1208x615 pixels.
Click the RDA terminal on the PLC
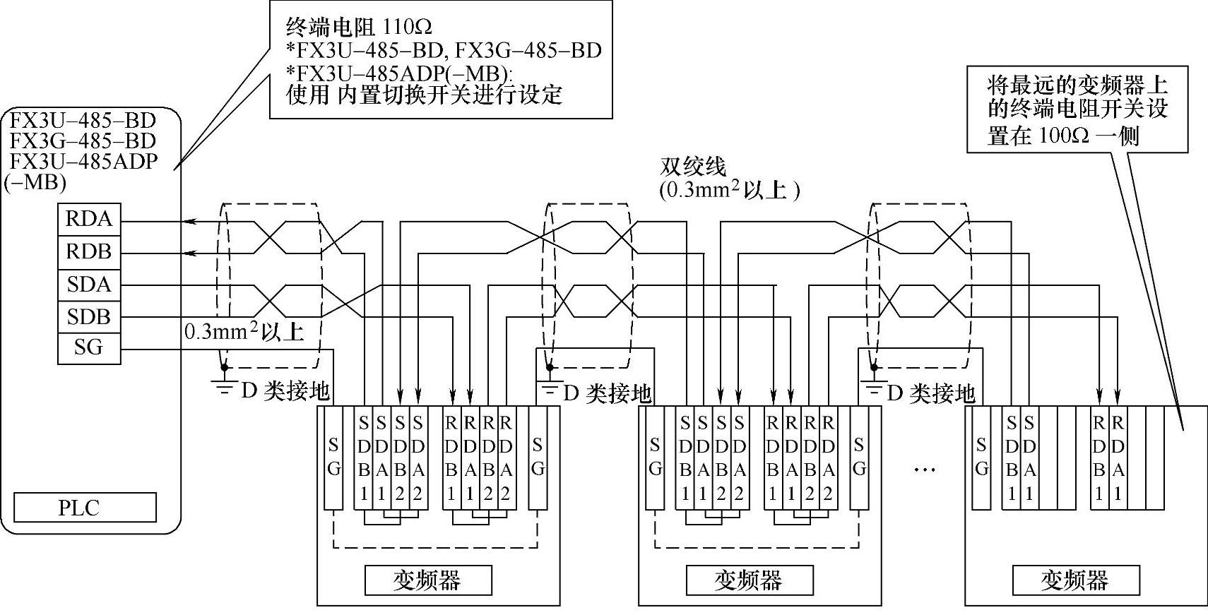pyautogui.click(x=89, y=220)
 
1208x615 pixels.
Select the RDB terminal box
pyautogui.click(x=89, y=252)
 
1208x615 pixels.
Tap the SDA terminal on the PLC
pyautogui.click(x=89, y=285)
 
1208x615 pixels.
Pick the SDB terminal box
pyautogui.click(x=89, y=317)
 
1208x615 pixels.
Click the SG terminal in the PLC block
pyautogui.click(x=89, y=348)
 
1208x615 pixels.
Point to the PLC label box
pyautogui.click(x=85, y=507)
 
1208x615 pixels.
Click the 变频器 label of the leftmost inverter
pyautogui.click(x=428, y=580)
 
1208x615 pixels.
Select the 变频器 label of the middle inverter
pyautogui.click(x=750, y=580)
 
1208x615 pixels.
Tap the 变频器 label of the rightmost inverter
pyautogui.click(x=1077, y=580)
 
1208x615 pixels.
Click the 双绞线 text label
pyautogui.click(x=693, y=167)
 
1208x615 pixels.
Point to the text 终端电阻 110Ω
pyautogui.click(x=359, y=26)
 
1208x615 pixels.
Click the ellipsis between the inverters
pyautogui.click(x=924, y=470)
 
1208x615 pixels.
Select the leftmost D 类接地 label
pyautogui.click(x=285, y=391)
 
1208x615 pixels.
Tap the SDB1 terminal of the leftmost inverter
pyautogui.click(x=364, y=458)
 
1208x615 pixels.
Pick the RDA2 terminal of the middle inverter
pyautogui.click(x=828, y=458)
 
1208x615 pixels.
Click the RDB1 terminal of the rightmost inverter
pyautogui.click(x=1099, y=458)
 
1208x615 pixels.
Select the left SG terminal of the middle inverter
pyautogui.click(x=656, y=458)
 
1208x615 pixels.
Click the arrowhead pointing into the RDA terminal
pyautogui.click(x=189, y=222)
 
